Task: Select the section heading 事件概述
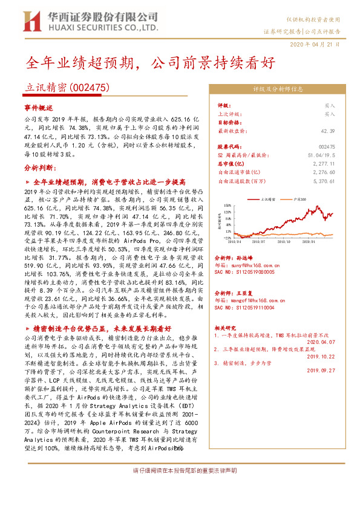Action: (39, 106)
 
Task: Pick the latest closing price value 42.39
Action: (328, 131)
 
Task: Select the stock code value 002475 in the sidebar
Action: (326, 147)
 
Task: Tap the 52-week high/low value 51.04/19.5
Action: (321, 155)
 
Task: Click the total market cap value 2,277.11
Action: (324, 163)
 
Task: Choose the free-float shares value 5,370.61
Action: (323, 180)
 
